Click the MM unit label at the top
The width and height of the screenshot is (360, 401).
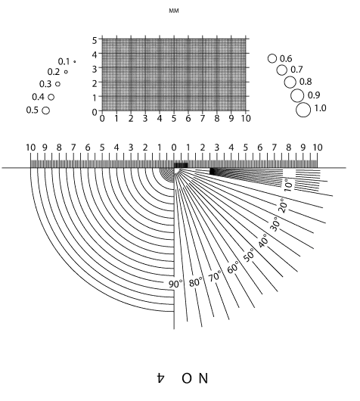174,11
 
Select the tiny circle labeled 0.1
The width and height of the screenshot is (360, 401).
74,61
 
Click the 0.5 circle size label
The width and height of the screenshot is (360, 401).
33,110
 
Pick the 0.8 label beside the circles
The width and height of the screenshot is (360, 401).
306,82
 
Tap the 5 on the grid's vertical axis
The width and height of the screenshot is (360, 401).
95,40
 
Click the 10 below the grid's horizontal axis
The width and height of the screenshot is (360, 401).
246,118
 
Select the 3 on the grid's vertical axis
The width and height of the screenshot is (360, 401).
95,69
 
